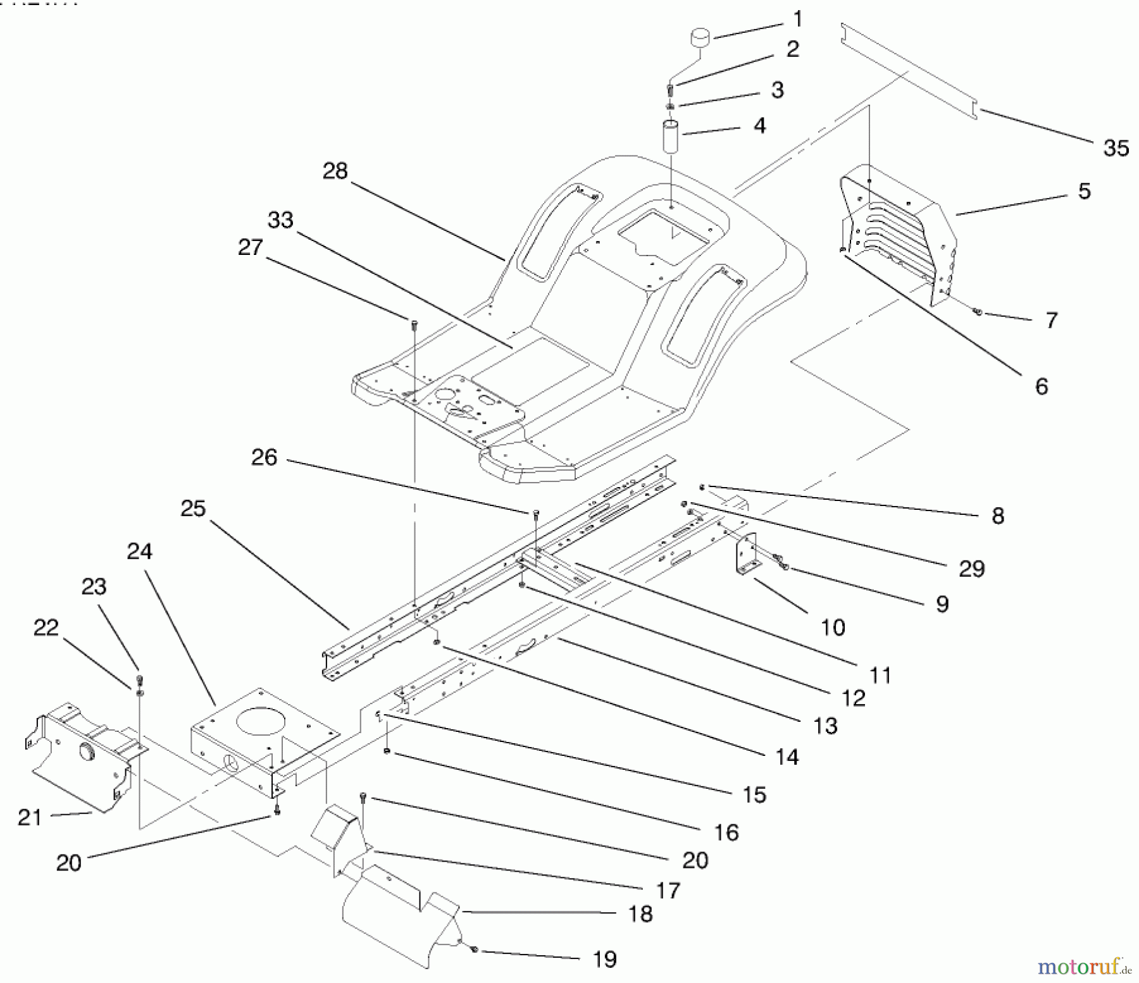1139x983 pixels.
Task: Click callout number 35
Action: (1116, 148)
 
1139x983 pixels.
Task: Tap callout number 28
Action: (335, 171)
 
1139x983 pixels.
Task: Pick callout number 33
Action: (280, 220)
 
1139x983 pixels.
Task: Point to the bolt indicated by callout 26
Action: (536, 513)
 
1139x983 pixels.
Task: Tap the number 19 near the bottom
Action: (604, 959)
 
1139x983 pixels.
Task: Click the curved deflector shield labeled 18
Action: (399, 917)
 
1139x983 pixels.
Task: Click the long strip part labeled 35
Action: (911, 70)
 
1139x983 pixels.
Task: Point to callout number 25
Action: (193, 508)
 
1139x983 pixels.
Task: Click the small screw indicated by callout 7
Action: (978, 312)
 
